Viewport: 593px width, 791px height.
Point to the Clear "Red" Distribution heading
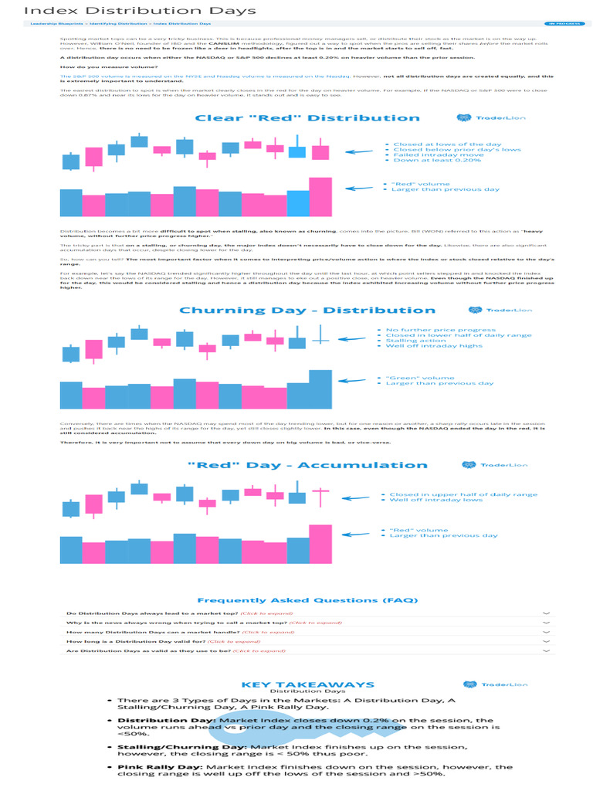(x=307, y=118)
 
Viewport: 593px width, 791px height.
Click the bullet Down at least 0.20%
(x=438, y=160)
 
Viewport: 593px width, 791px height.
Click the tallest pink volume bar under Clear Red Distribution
(x=320, y=197)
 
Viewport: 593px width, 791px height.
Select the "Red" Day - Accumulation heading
(x=307, y=465)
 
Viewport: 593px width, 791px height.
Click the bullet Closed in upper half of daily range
(x=463, y=494)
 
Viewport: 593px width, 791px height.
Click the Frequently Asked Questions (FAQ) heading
(x=307, y=599)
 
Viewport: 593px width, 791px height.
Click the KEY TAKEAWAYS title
(x=307, y=684)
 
